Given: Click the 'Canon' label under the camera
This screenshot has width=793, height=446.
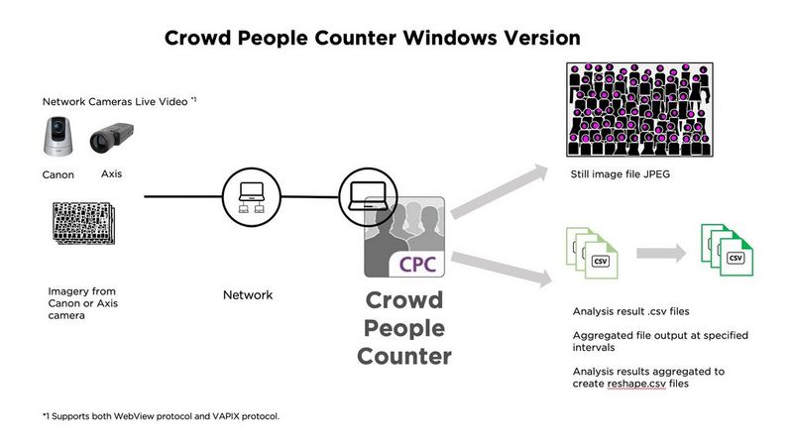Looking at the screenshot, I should coord(57,175).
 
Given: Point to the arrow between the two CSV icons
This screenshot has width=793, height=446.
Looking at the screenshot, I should coord(658,253).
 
